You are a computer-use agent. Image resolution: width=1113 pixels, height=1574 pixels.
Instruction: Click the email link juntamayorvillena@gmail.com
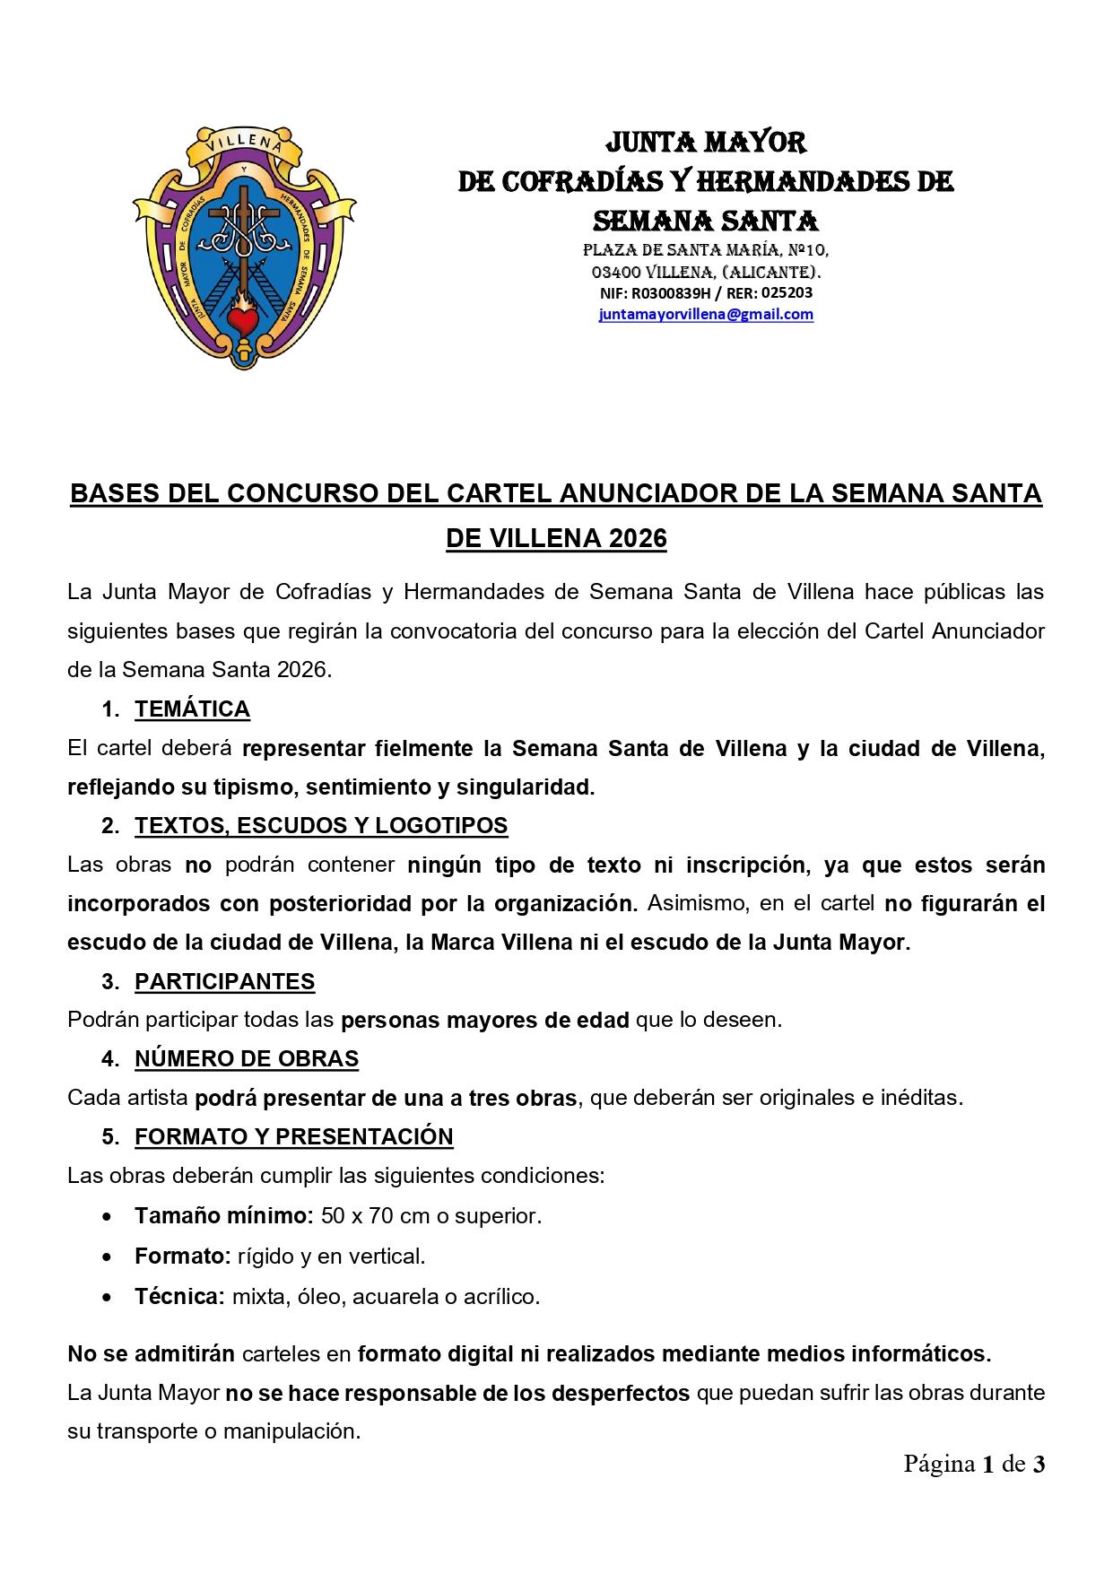click(706, 315)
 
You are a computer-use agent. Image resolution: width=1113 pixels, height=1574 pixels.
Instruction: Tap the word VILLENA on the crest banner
click(239, 143)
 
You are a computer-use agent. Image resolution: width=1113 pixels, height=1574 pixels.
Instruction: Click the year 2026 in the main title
click(639, 539)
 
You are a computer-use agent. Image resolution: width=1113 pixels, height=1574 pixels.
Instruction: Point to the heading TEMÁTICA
click(192, 709)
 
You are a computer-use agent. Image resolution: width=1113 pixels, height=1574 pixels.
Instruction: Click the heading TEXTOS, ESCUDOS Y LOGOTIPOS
click(321, 826)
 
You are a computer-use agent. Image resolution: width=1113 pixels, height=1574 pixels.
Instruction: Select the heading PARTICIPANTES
click(224, 982)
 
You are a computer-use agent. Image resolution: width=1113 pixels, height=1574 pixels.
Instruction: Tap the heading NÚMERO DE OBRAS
click(247, 1059)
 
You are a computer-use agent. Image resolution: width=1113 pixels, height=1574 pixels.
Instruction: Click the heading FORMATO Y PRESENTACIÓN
click(293, 1137)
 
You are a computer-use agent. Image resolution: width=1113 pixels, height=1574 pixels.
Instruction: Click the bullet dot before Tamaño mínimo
click(109, 1218)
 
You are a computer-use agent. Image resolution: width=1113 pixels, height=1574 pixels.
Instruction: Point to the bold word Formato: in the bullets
click(183, 1257)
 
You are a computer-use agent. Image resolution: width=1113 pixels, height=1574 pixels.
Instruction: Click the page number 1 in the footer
click(987, 1465)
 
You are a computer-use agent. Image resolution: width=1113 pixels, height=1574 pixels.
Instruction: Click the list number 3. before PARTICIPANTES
click(110, 982)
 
